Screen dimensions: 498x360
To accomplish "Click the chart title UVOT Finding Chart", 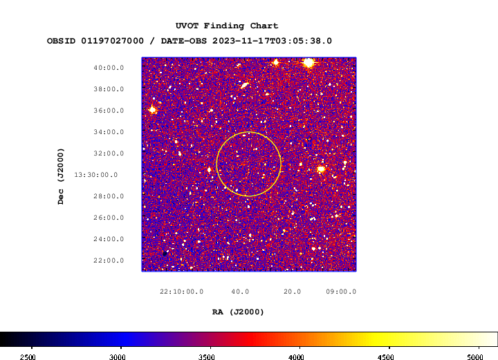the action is (227, 26).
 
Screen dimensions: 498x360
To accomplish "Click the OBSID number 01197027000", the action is (113, 41).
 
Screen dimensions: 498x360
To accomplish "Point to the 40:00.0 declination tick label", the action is (109, 68).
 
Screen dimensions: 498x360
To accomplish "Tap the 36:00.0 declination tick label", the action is (109, 111).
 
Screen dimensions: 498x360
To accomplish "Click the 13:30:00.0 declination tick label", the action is (96, 175).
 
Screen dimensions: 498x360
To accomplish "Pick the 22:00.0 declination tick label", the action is (109, 260).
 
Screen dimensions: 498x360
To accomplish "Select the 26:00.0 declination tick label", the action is (109, 218).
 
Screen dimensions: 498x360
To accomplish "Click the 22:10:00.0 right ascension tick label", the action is (181, 292).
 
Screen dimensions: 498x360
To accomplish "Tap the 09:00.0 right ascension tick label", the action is (341, 292).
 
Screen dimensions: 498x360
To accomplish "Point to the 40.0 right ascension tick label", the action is (240, 292).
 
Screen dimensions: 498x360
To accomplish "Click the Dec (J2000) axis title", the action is (61, 176).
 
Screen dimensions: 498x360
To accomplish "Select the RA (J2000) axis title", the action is (238, 312).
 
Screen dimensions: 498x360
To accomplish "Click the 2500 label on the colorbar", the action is (28, 357).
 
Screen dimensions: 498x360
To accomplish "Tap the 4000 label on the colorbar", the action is (296, 357).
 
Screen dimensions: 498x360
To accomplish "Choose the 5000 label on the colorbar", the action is (475, 357).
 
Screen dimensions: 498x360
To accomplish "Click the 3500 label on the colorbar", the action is (206, 357).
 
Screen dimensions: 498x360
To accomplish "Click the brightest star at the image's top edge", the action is (308, 62).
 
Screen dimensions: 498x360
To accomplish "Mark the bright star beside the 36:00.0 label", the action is (152, 110).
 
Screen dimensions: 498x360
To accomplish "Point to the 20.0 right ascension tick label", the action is (292, 292).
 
